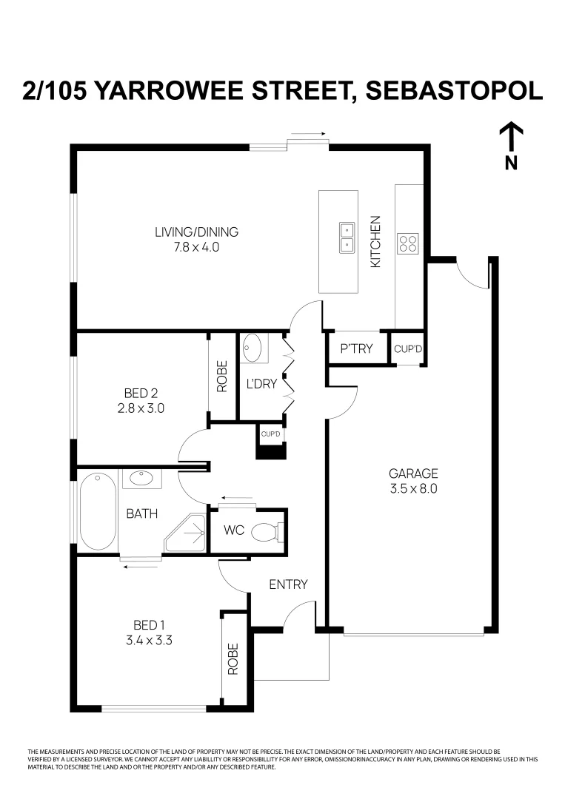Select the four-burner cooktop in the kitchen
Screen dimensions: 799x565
click(407, 243)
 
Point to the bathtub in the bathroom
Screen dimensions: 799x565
click(96, 511)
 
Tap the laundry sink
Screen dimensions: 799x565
click(253, 348)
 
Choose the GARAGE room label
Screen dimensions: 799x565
click(414, 473)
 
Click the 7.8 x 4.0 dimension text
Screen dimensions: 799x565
click(196, 247)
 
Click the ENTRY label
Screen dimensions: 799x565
click(288, 584)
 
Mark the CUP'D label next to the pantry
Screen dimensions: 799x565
click(408, 349)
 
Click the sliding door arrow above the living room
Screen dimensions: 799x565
click(308, 135)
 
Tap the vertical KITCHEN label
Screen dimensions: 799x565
click(375, 241)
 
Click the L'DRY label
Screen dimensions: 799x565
click(261, 384)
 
